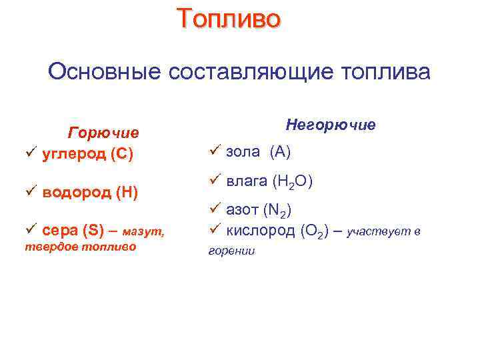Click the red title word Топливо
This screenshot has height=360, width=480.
tap(229, 19)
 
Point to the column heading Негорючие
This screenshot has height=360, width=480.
tap(331, 125)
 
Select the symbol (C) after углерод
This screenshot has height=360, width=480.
tap(123, 155)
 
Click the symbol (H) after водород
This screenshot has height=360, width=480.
tap(127, 193)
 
